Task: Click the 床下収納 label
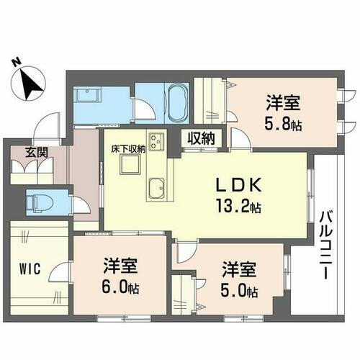pos(128,149)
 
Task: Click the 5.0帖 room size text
pos(238,289)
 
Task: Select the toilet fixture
pos(40,202)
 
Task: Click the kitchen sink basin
pos(154,191)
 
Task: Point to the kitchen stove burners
pos(156,141)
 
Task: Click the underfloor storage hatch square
pos(130,166)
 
